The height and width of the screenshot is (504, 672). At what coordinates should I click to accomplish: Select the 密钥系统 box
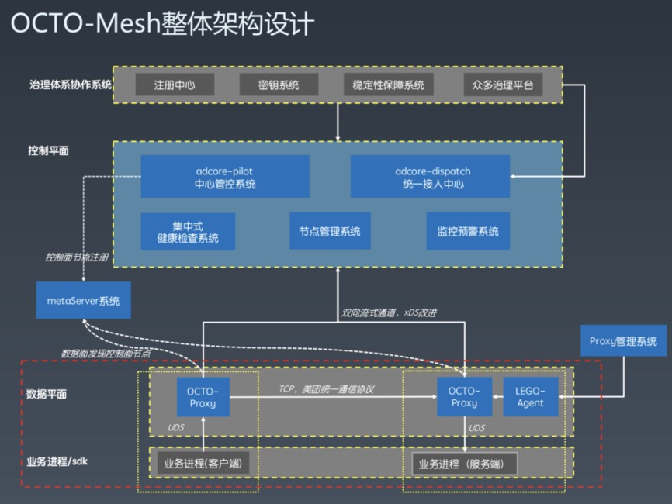279,85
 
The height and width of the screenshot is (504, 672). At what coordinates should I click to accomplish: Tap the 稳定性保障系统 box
389,85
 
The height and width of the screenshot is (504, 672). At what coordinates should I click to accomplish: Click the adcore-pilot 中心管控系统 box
225,177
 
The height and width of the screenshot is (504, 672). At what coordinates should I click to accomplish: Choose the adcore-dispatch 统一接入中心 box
431,177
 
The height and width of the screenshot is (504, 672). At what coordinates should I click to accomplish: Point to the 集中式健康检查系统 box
188,231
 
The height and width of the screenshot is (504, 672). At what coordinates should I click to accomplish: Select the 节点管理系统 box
330,231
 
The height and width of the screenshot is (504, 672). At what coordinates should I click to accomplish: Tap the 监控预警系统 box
468,231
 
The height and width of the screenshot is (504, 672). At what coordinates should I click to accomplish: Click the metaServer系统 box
83,300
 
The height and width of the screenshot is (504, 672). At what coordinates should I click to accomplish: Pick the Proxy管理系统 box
623,341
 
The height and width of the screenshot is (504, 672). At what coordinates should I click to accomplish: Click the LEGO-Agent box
531,396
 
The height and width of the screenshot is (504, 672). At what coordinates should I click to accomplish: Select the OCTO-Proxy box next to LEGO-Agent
464,396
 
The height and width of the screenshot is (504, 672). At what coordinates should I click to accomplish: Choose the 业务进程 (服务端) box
464,464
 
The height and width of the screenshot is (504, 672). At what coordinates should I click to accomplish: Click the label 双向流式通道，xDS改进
389,314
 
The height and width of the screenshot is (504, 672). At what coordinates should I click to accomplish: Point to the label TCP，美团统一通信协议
326,388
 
